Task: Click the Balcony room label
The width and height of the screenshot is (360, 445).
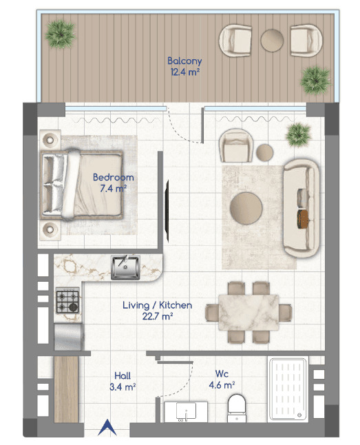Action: (184, 61)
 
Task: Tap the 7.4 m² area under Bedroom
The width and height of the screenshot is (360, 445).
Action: (113, 188)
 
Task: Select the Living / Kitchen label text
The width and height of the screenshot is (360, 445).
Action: (157, 305)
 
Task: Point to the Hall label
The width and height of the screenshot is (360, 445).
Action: (123, 375)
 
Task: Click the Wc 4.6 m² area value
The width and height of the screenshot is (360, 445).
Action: (222, 385)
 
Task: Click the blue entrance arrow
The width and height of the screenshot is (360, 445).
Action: (107, 427)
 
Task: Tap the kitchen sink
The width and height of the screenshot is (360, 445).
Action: (126, 267)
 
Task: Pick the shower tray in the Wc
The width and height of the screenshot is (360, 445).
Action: (288, 389)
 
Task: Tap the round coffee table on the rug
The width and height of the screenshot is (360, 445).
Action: (246, 208)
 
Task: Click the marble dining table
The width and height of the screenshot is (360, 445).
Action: (248, 313)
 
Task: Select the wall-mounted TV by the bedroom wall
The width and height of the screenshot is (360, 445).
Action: (167, 211)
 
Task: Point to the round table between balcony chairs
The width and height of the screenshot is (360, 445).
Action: (272, 41)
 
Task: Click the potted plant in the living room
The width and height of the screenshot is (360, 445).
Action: (298, 135)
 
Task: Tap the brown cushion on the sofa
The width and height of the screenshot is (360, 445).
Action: (303, 219)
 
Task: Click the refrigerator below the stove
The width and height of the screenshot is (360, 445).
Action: (69, 337)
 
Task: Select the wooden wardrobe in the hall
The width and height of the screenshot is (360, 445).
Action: (66, 389)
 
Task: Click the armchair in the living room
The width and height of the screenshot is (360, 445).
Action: (236, 145)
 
